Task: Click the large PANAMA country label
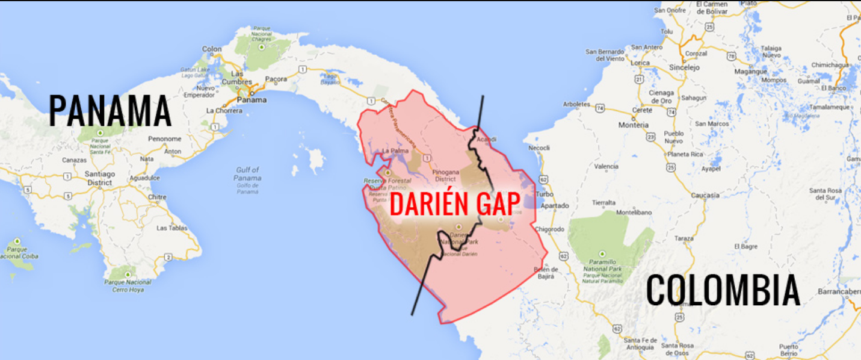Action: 110,111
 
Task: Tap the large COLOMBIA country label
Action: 723,290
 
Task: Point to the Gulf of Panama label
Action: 248,174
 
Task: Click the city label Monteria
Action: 633,125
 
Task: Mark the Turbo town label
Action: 545,194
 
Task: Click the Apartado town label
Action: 554,206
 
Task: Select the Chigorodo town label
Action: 549,229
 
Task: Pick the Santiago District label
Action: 100,179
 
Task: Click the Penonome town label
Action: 165,138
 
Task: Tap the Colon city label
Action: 212,49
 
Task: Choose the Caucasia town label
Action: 705,195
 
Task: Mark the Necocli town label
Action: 539,148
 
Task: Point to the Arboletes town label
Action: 576,104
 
